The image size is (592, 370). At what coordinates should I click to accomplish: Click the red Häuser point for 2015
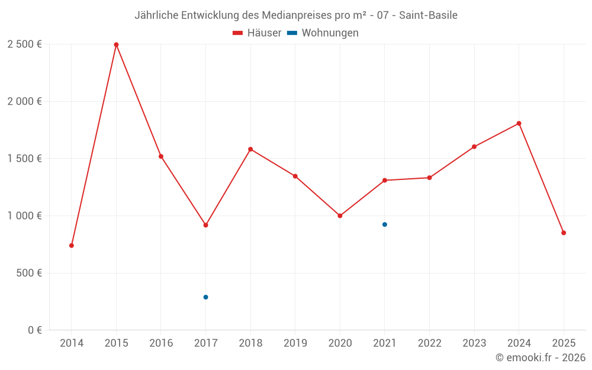click(116, 44)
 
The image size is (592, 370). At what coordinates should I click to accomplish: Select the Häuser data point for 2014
click(72, 245)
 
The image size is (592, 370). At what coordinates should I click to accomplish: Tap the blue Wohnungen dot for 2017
click(205, 297)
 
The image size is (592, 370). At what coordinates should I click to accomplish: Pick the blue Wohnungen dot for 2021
click(385, 224)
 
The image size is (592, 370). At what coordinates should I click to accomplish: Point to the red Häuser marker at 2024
click(519, 123)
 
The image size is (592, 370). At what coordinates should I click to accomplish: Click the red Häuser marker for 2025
click(564, 233)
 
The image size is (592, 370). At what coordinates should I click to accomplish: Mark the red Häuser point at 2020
click(340, 215)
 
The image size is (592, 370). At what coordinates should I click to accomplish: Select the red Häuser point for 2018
click(250, 149)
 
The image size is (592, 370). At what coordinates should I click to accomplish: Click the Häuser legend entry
click(257, 33)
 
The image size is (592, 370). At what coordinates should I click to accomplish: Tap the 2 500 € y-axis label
click(24, 44)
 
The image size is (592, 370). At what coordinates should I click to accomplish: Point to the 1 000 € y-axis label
click(24, 216)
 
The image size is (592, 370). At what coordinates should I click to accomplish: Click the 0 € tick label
click(34, 330)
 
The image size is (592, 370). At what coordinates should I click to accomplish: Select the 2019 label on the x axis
click(295, 343)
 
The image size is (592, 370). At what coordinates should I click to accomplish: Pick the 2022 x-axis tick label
click(429, 343)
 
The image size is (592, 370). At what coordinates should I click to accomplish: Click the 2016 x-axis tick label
click(161, 343)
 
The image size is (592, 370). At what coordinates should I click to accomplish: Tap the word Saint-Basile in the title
click(428, 15)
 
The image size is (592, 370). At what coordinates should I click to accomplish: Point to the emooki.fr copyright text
click(540, 358)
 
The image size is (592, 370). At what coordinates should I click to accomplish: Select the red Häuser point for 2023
click(474, 146)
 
